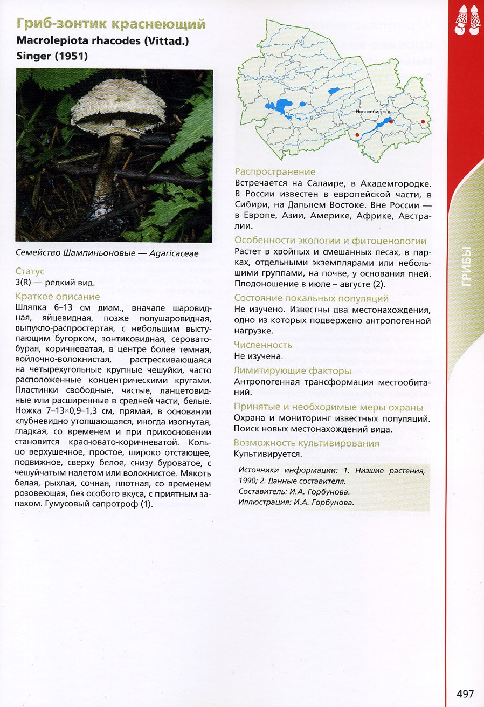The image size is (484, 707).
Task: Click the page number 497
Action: (465, 693)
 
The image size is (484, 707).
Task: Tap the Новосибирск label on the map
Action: (371, 112)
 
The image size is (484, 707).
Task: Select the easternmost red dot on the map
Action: (423, 122)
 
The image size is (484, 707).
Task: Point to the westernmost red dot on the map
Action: (357, 134)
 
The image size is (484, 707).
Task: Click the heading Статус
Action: (30, 271)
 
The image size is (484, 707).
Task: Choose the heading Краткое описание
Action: (58, 297)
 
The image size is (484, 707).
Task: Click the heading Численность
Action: (263, 345)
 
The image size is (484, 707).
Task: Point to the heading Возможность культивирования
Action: (306, 443)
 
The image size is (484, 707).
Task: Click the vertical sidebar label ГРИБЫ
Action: (466, 266)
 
